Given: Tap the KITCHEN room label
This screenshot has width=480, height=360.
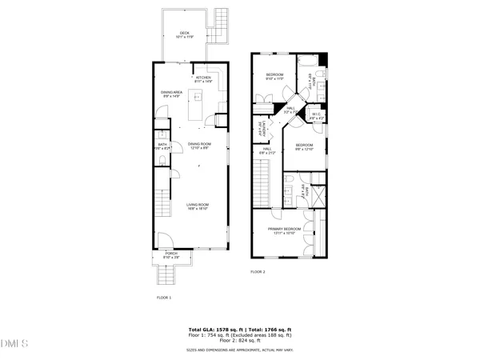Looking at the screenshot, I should coord(204,78).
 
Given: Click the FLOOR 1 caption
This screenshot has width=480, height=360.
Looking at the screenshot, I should coord(164,298).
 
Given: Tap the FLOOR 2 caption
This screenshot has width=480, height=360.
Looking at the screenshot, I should coord(258,272).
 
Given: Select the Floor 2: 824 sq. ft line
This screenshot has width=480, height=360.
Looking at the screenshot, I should coord(239,342).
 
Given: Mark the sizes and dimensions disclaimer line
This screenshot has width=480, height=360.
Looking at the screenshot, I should coord(239,350).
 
